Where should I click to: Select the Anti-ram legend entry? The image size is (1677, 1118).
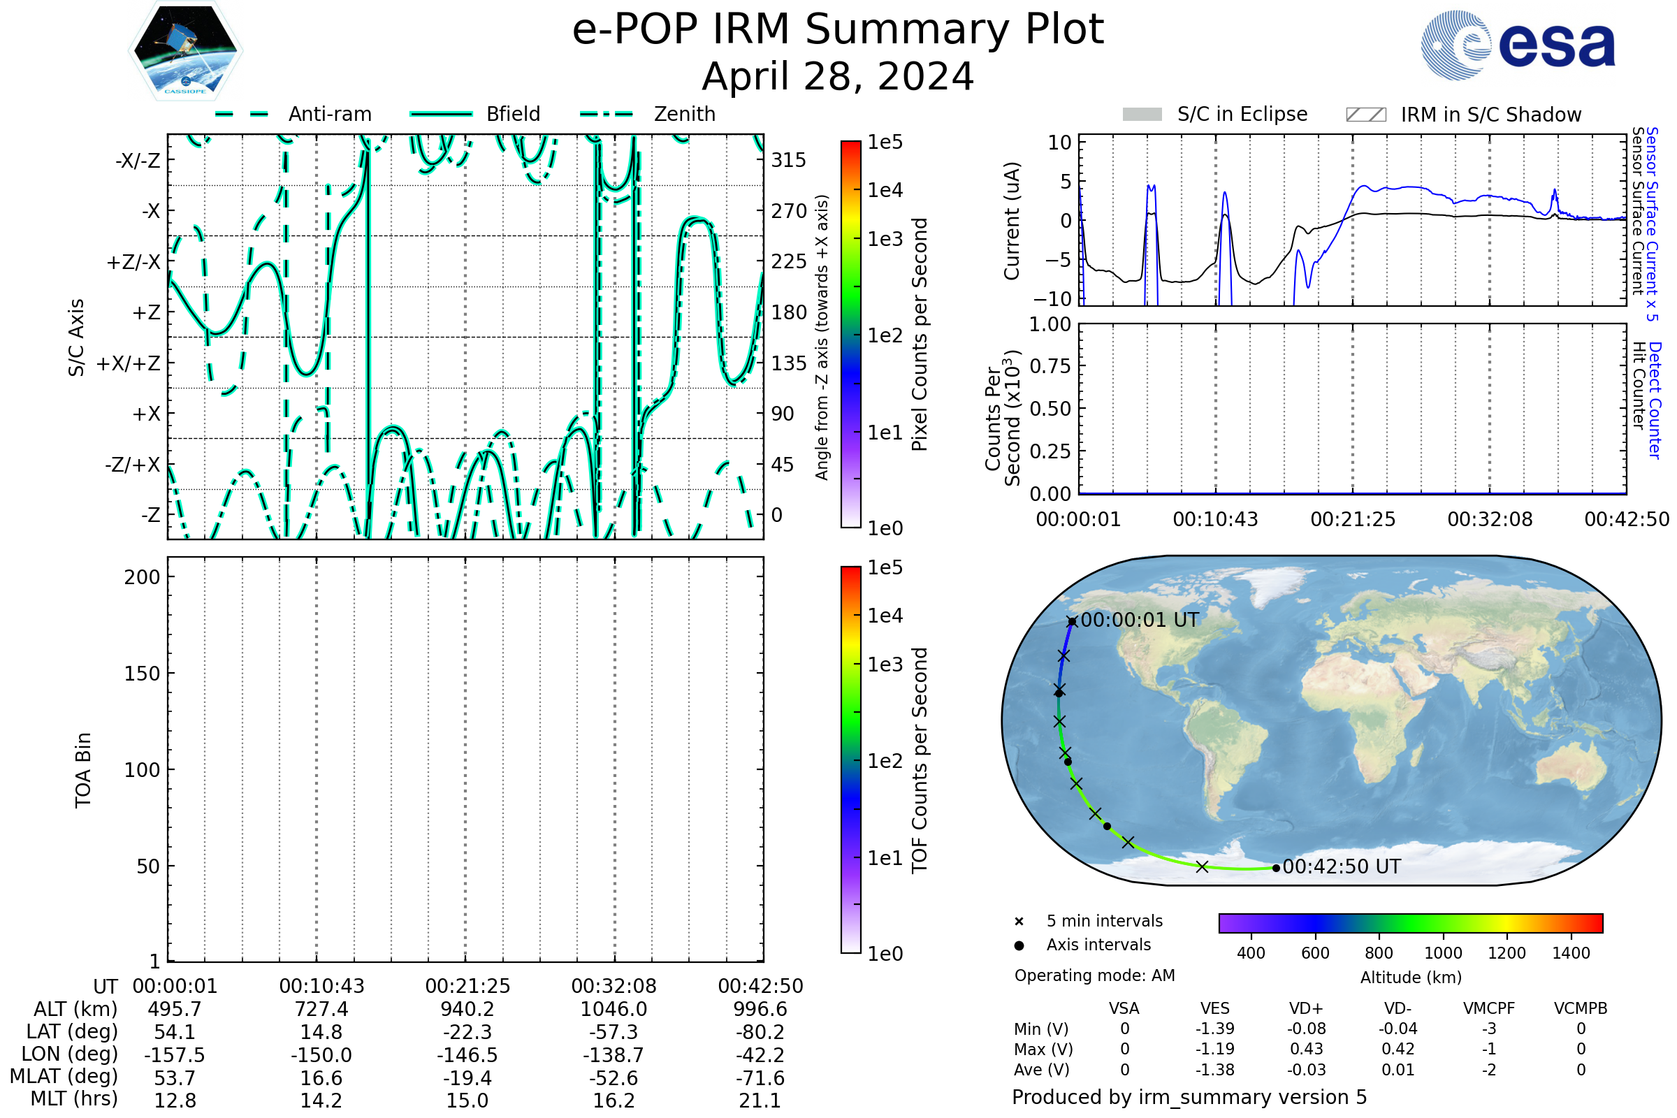[293, 114]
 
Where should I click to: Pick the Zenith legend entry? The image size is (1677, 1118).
[648, 114]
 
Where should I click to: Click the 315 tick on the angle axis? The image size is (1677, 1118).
[788, 160]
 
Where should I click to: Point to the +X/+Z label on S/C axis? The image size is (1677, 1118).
[129, 363]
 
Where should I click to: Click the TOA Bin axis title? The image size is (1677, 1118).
[82, 769]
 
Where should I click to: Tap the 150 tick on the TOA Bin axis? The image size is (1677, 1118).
[142, 673]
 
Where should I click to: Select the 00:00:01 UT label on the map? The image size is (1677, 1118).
[1140, 620]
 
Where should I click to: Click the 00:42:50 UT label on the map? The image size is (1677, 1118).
[1341, 866]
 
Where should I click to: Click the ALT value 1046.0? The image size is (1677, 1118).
[614, 1009]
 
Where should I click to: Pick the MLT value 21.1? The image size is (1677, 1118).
[760, 1100]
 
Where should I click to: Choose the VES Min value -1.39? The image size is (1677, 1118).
[1214, 1029]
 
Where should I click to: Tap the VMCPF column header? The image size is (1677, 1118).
[1489, 1008]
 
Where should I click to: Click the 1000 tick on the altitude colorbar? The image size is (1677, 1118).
[1442, 953]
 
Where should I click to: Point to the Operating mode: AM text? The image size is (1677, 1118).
[1094, 975]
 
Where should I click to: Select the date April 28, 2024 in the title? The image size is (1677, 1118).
[838, 76]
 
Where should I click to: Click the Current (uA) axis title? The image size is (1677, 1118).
[1012, 221]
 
